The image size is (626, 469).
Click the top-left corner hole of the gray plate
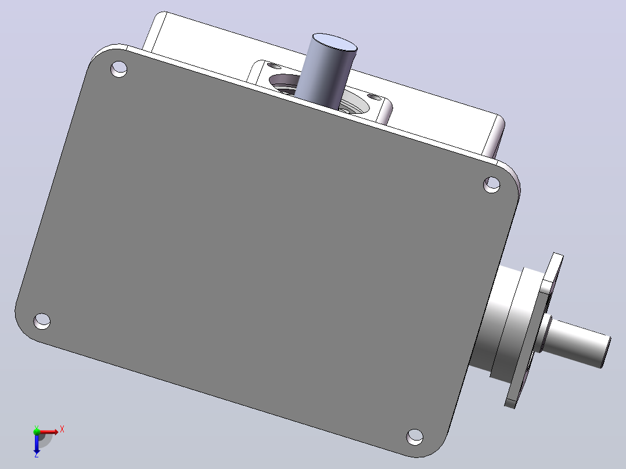click(x=118, y=68)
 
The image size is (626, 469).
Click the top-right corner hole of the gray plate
click(x=492, y=185)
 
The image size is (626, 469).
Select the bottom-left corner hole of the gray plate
click(x=42, y=321)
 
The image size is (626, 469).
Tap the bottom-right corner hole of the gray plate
click(x=415, y=437)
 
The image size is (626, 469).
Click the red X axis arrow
click(x=48, y=432)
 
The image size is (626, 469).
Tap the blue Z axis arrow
click(x=37, y=442)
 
